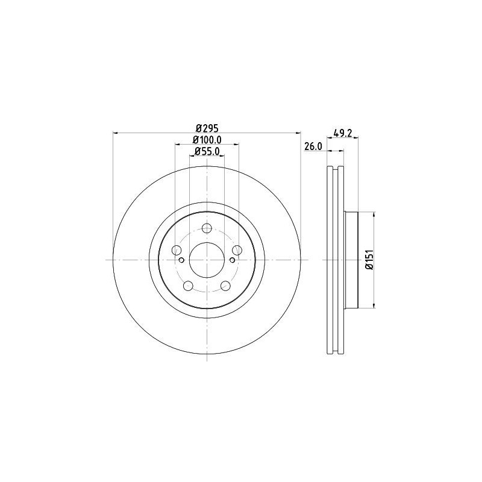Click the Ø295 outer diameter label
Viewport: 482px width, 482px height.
click(207, 128)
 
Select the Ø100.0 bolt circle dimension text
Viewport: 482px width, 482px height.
click(207, 140)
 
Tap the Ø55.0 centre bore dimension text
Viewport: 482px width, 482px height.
click(207, 152)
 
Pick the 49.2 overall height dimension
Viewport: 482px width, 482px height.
click(342, 133)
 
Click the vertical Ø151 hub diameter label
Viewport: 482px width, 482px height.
click(369, 260)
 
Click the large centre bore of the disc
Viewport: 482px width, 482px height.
click(207, 260)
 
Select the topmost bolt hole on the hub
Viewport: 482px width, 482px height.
click(207, 228)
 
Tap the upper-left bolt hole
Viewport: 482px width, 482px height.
click(177, 250)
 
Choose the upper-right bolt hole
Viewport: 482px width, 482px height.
click(237, 250)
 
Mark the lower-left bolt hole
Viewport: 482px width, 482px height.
click(188, 286)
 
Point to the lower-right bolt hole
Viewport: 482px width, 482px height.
click(225, 286)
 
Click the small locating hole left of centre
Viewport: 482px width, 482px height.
click(181, 260)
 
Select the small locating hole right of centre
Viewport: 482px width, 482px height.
click(232, 260)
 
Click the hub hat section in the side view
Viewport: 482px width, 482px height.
click(351, 260)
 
